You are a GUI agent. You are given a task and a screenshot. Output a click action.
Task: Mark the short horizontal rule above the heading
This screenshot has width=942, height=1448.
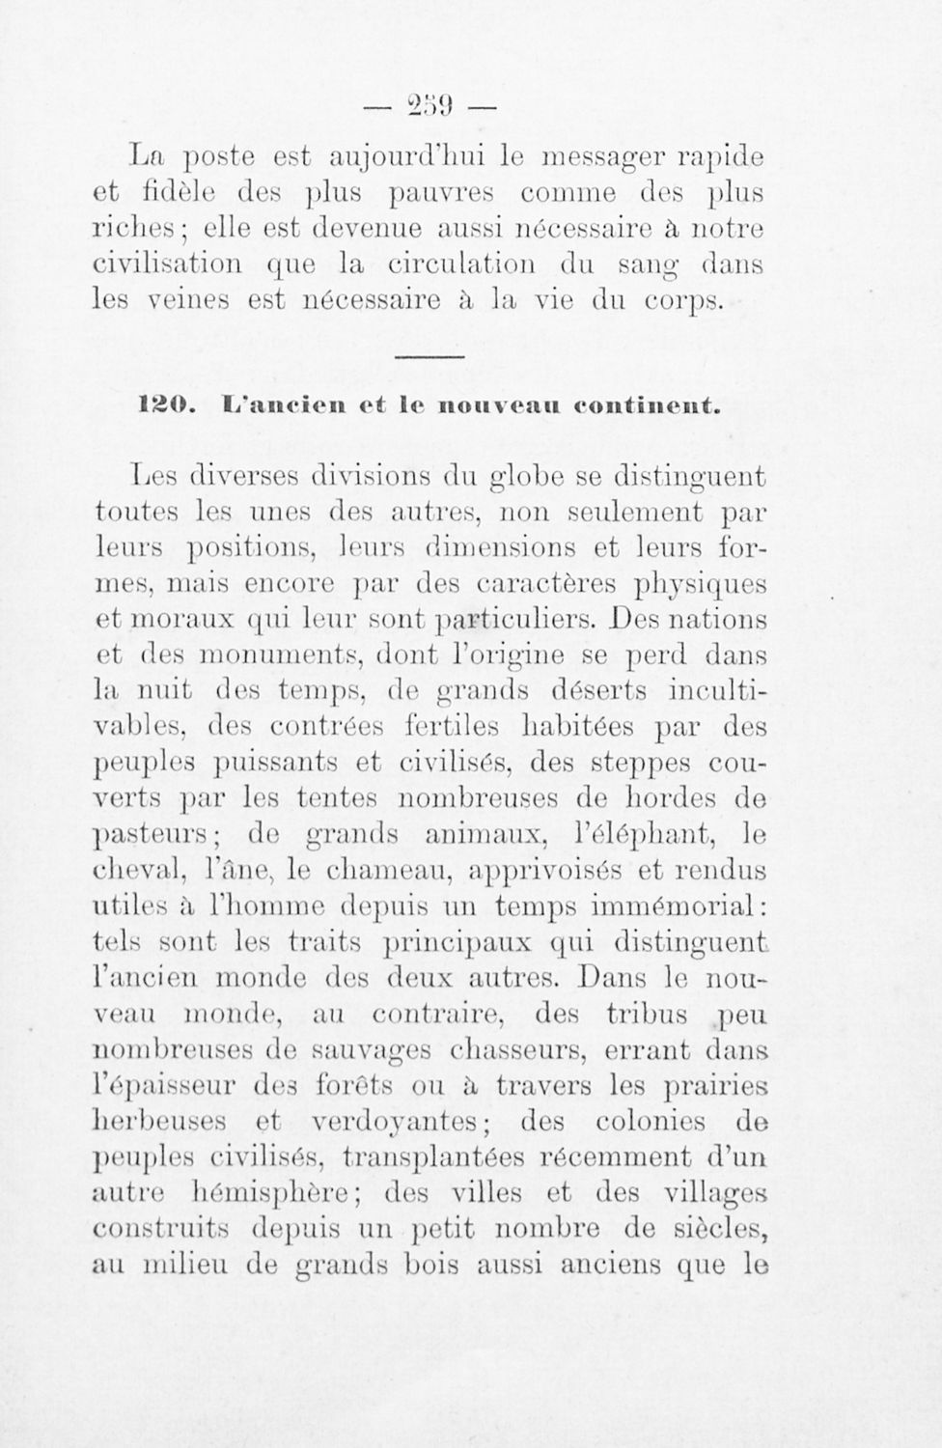429,358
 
